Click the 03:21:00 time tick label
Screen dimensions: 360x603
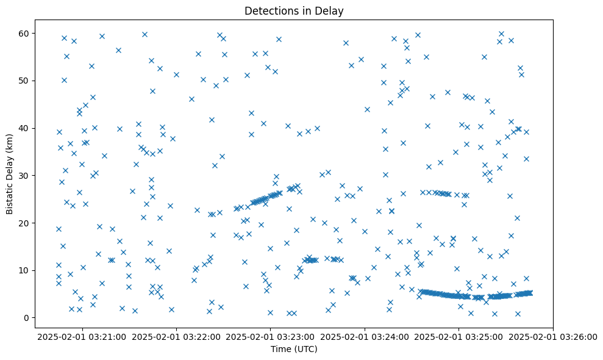82,336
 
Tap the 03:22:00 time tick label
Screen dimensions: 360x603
177,336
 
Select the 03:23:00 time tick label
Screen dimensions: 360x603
271,336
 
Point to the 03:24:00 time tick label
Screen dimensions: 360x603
365,336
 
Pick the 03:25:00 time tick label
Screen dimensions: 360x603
459,336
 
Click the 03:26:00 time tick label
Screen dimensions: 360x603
553,336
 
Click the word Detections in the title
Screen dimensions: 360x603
271,10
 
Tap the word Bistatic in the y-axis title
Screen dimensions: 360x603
10,195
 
